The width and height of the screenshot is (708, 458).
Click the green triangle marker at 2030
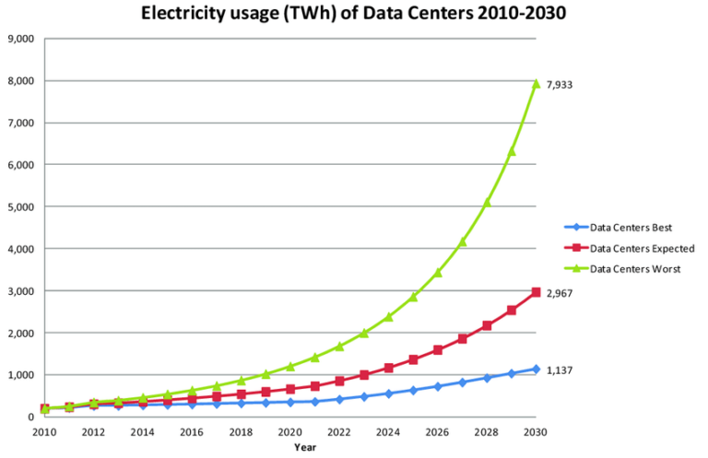(536, 83)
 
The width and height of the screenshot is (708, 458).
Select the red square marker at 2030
(536, 292)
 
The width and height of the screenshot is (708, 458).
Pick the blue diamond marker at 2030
(536, 369)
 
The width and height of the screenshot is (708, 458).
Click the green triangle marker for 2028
(487, 202)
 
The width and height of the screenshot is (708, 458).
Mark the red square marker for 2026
(438, 350)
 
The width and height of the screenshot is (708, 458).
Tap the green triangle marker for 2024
(389, 316)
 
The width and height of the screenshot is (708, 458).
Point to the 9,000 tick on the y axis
(20, 39)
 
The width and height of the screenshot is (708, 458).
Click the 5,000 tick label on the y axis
(20, 207)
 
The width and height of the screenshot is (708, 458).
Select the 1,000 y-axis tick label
(20, 375)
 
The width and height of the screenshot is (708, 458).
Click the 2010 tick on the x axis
(44, 431)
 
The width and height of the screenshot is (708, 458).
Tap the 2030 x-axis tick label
(536, 431)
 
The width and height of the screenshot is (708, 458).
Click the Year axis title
(305, 447)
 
